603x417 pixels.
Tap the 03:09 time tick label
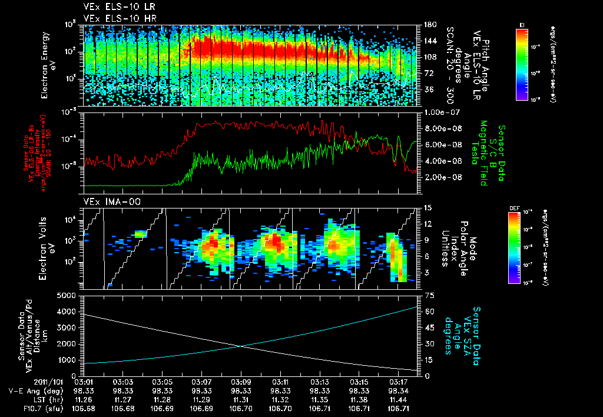click(241, 382)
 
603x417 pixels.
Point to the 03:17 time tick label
click(399, 382)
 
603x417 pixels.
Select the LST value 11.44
click(399, 399)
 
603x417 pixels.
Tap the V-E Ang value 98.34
click(399, 390)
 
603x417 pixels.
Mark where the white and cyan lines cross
click(242, 346)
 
